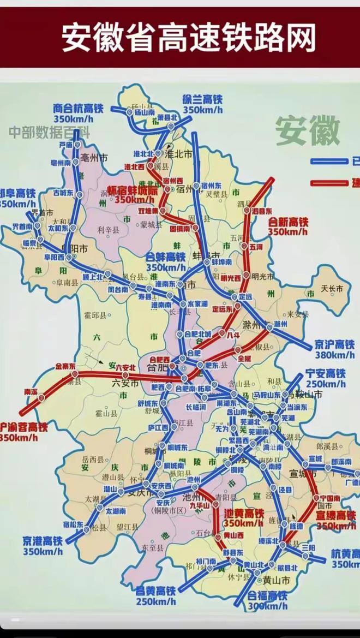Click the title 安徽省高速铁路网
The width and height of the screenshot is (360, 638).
(x=188, y=38)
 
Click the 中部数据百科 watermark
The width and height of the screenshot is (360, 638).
(x=49, y=132)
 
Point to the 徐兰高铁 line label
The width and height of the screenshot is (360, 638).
(x=202, y=100)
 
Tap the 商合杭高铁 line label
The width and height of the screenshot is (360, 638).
(x=78, y=109)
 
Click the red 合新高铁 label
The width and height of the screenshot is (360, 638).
(x=289, y=223)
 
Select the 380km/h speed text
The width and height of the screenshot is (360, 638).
(x=334, y=355)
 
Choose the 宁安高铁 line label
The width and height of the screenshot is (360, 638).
(x=325, y=374)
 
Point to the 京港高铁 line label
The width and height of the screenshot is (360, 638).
(x=43, y=541)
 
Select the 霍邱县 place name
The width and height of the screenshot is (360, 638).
(x=95, y=315)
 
